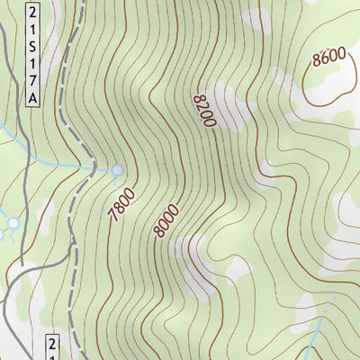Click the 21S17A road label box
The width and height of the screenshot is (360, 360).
(33, 54)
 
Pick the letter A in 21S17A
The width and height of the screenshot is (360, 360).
(33, 96)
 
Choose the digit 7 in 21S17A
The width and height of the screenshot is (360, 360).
(33, 79)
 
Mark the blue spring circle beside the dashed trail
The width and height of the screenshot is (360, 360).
(118, 169)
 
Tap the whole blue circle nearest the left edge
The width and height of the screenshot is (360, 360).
(13, 222)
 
